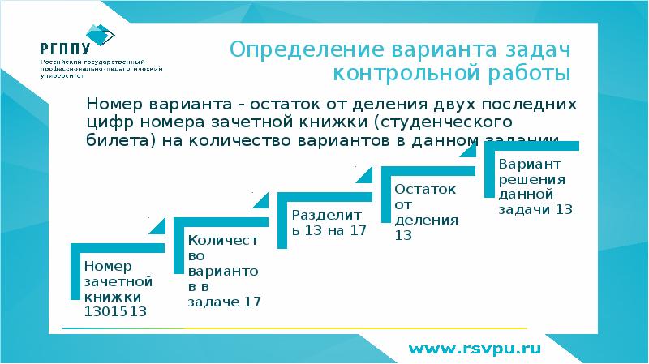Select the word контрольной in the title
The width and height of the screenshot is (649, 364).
point(415,75)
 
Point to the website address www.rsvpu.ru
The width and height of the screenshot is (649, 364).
point(473,349)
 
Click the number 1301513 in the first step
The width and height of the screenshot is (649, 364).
point(115,311)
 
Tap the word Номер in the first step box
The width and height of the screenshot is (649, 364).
point(107,266)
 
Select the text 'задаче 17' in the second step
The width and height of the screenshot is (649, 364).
point(224,302)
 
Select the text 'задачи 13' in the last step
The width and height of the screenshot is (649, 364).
point(536,209)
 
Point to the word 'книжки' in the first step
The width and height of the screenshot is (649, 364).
point(107,297)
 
